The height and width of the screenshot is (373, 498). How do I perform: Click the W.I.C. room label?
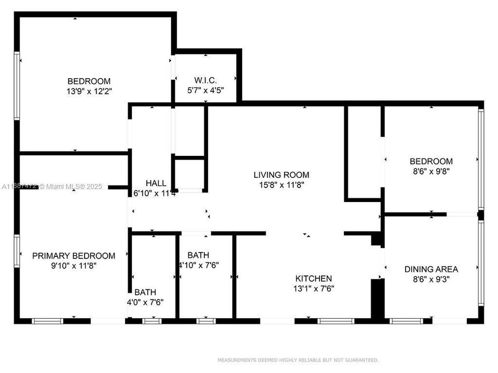(205, 80)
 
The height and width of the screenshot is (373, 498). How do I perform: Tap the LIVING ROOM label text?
(281, 175)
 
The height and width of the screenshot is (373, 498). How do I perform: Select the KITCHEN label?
(313, 279)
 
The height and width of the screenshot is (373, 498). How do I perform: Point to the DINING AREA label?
(431, 269)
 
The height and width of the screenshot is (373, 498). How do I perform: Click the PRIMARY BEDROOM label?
(74, 256)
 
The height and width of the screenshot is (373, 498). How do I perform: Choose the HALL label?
(156, 183)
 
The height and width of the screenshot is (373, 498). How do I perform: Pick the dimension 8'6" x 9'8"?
(431, 171)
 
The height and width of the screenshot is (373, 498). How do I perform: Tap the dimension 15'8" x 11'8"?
(281, 185)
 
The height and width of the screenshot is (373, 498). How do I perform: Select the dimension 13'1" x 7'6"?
(313, 289)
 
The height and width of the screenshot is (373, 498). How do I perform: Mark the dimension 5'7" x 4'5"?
(205, 90)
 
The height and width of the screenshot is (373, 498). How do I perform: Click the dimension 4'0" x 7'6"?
(145, 302)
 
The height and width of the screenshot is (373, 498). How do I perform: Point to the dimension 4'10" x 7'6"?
(198, 265)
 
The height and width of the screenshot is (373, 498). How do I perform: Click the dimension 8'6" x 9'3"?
(431, 279)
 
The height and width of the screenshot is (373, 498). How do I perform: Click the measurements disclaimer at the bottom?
(298, 360)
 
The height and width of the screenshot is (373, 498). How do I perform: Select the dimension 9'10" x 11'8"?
(74, 266)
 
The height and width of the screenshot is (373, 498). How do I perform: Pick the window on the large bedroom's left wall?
(17, 86)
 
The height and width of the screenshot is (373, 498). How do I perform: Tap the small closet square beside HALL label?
(189, 174)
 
